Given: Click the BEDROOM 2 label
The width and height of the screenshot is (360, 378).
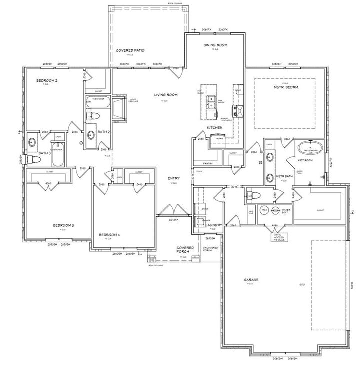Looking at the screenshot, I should point(46,80).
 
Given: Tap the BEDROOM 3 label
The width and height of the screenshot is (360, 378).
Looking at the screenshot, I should point(63,225).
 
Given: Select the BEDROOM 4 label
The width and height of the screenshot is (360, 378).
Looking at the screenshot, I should point(108,235).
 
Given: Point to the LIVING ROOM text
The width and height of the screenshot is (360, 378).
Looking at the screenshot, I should point(166,95).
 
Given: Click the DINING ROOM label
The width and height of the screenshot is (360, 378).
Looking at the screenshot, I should point(215,45).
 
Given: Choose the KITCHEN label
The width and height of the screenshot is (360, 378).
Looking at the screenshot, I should point(215,128).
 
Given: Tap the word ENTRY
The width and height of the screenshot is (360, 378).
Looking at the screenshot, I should point(174,178).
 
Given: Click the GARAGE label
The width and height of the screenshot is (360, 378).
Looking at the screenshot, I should point(251,280).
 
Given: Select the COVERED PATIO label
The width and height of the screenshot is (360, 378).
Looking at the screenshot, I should point(131,51).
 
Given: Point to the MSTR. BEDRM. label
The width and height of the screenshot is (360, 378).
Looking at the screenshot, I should point(285,87).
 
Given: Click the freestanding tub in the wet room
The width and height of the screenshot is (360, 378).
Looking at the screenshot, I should point(307,148).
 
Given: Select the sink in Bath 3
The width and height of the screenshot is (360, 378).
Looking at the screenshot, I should point(32,141).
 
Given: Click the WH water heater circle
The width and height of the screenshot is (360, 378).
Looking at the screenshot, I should point(265,210).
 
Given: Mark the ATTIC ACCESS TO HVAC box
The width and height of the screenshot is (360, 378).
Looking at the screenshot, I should point(279,236).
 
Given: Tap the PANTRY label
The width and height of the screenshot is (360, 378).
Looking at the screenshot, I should point(209,163).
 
